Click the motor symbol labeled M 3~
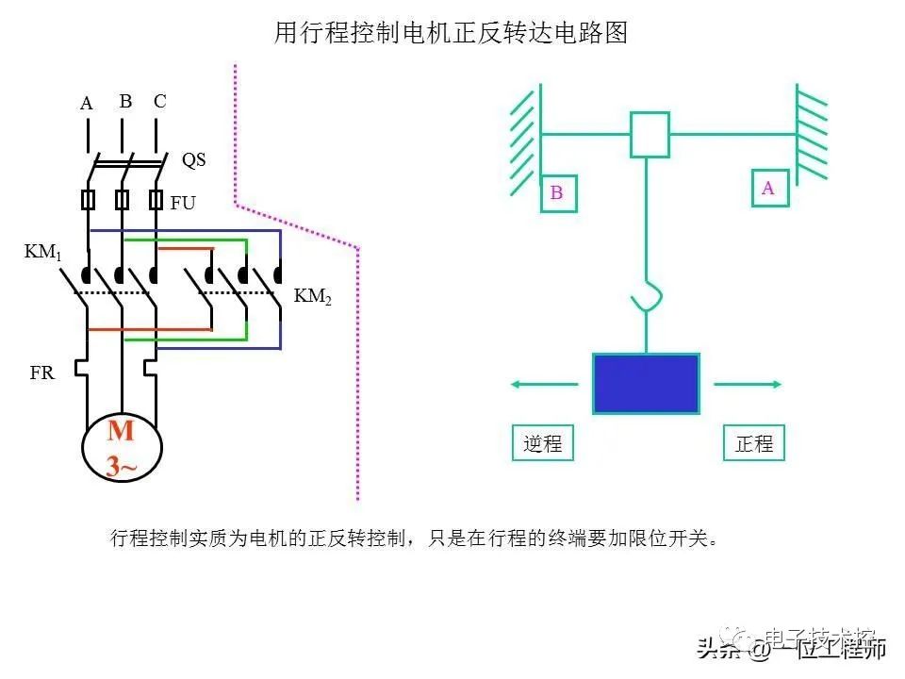(122, 448)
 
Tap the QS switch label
(193, 160)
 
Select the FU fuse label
(183, 202)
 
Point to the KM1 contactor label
(41, 253)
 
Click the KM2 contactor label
(313, 296)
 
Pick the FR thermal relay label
(42, 373)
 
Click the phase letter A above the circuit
(87, 104)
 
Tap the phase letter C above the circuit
(159, 101)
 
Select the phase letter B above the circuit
(125, 101)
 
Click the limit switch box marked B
(557, 192)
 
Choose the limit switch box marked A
(768, 188)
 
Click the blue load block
(646, 383)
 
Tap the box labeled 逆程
(543, 443)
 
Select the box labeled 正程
(753, 443)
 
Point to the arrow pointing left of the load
(544, 384)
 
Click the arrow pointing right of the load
(748, 384)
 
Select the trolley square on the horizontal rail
(650, 134)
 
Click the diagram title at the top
(451, 34)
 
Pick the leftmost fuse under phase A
(89, 200)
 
